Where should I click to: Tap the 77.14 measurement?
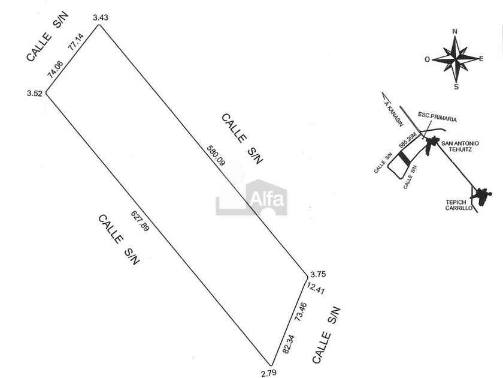tap(76, 42)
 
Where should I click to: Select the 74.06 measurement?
tap(55, 70)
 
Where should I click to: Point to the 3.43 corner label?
tap(101, 18)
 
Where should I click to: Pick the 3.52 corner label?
tap(34, 93)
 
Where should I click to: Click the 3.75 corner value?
tap(318, 274)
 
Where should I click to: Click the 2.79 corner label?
tap(269, 373)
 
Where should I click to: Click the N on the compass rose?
tap(455, 31)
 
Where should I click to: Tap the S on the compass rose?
tap(456, 86)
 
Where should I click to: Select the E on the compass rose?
tap(481, 58)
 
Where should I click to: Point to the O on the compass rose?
tap(427, 59)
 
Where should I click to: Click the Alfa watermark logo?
tap(251, 197)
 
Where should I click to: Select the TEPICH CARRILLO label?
tap(459, 205)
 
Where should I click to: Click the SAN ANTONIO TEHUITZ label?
tap(460, 146)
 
